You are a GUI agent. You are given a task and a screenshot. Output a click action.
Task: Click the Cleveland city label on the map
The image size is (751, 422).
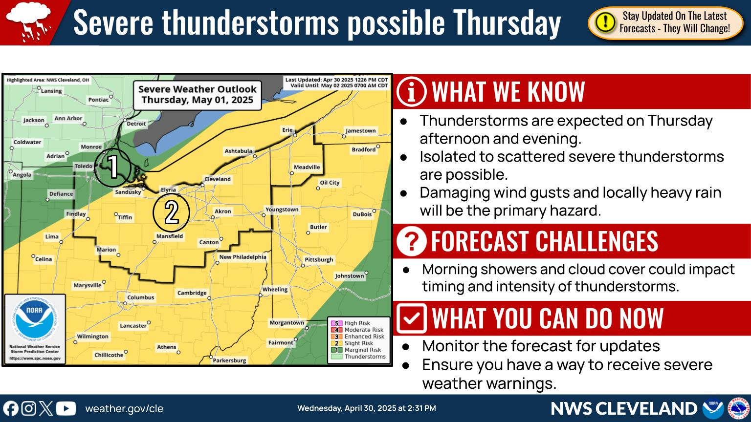(217, 179)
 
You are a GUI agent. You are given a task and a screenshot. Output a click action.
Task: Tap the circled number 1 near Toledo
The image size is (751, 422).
(112, 167)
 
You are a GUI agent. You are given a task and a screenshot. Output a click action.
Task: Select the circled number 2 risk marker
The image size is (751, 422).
(171, 212)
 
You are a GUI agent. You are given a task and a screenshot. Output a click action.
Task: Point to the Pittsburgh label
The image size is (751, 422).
(318, 259)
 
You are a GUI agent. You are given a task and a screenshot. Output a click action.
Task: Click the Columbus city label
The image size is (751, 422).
(140, 297)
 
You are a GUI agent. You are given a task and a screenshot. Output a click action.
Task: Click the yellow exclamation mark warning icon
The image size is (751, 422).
(605, 22)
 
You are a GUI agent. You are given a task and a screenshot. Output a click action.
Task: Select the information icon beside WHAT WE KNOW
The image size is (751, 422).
(411, 92)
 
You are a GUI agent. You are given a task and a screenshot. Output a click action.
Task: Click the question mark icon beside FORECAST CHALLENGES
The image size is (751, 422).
(411, 241)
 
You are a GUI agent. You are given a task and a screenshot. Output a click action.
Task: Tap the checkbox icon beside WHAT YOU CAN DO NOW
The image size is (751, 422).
(411, 318)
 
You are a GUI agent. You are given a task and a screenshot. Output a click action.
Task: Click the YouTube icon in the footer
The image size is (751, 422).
(66, 409)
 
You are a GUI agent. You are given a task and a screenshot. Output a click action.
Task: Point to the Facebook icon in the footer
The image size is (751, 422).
(11, 409)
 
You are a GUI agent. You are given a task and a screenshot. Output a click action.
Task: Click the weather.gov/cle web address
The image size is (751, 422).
(124, 409)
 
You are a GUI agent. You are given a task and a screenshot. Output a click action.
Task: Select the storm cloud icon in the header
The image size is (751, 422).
(28, 22)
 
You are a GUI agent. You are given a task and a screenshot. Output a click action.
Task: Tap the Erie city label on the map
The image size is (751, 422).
(287, 130)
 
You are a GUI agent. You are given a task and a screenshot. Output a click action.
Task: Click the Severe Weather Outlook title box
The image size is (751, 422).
(197, 95)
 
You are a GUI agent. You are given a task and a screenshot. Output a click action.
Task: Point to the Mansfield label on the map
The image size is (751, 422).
(170, 236)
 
